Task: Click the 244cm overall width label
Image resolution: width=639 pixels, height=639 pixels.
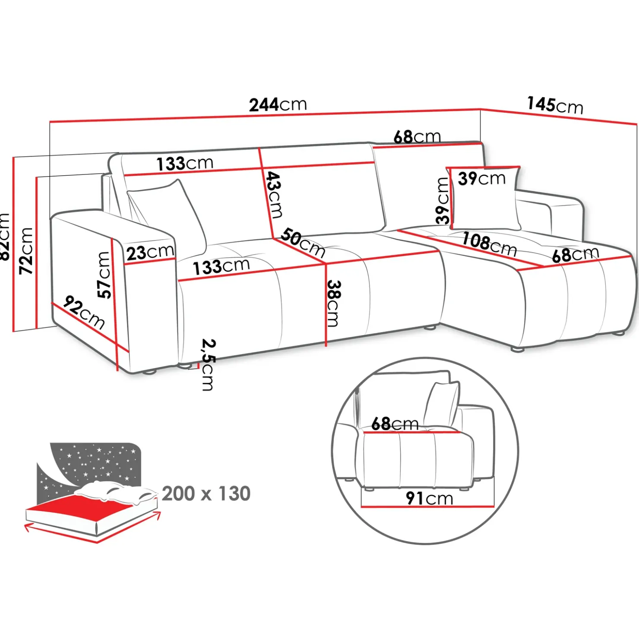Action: (x=278, y=104)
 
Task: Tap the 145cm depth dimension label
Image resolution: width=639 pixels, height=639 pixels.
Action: (x=555, y=105)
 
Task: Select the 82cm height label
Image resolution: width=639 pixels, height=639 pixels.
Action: (x=4, y=237)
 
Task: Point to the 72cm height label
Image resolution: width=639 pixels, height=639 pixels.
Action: (x=26, y=251)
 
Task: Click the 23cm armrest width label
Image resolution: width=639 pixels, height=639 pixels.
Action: (x=150, y=252)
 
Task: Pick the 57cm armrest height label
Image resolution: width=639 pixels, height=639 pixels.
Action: (x=104, y=275)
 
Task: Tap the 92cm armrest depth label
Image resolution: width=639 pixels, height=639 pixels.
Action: (x=84, y=312)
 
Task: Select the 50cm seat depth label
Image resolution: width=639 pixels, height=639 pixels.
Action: (x=303, y=243)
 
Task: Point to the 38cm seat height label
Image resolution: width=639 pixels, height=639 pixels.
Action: (x=333, y=303)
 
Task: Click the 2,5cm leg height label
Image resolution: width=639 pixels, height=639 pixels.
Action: (x=208, y=365)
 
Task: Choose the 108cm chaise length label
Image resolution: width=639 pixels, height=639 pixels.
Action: (x=489, y=244)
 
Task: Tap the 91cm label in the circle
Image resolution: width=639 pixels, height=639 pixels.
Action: (x=429, y=498)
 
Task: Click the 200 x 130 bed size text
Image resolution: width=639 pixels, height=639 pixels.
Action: (x=206, y=493)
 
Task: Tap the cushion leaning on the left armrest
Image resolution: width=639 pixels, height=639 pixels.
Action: (x=168, y=214)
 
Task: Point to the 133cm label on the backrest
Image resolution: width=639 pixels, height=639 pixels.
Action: (x=185, y=164)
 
